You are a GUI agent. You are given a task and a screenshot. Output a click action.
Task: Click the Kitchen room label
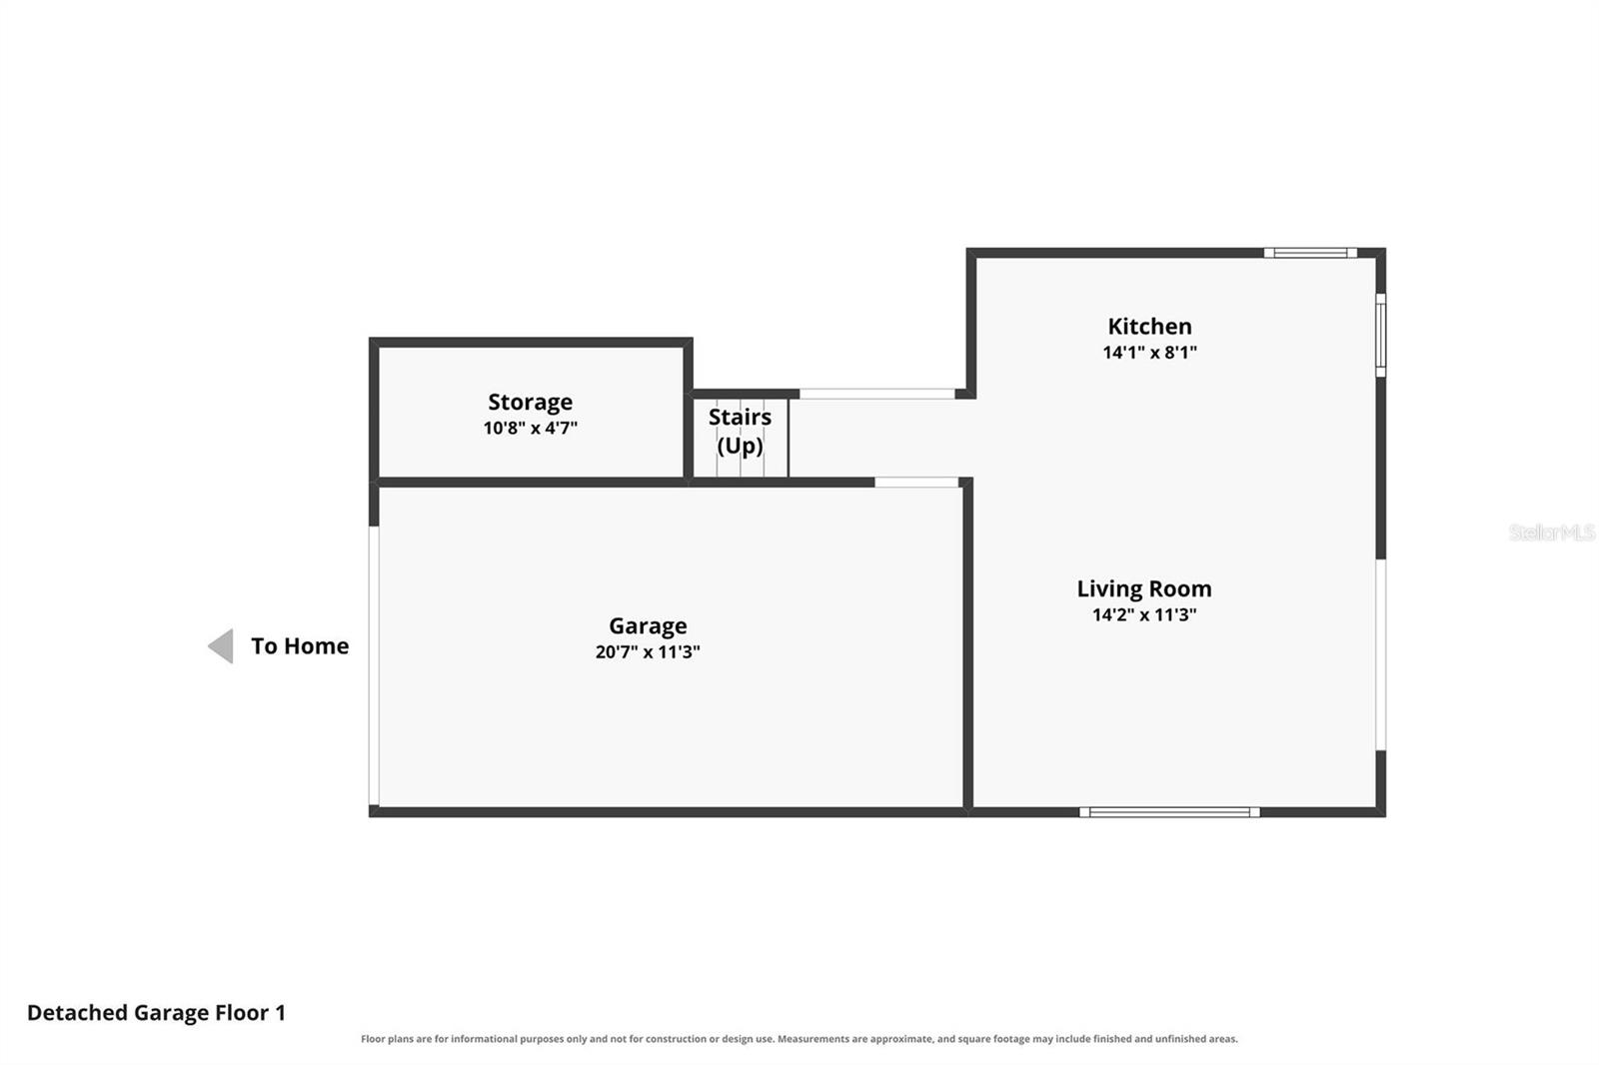[1149, 327]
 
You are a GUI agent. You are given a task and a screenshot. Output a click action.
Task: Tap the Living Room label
[1143, 588]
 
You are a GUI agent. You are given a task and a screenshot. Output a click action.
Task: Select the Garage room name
[648, 626]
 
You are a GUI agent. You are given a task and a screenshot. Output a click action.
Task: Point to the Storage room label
[530, 402]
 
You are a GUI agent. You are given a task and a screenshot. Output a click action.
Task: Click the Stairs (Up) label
[740, 432]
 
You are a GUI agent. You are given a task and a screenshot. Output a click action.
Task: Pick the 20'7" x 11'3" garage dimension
[648, 651]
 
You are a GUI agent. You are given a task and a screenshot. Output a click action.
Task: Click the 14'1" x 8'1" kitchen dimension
[1149, 352]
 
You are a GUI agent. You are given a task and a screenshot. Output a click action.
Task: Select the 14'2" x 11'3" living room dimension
[1143, 614]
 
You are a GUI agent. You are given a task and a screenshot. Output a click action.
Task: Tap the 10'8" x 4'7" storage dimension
[530, 428]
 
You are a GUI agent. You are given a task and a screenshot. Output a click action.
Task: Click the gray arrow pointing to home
[221, 646]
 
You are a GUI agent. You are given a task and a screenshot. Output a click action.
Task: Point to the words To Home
[300, 646]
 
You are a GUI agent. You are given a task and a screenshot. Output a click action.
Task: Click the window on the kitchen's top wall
[1310, 253]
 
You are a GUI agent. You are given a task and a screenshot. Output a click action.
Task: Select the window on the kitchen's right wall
[1380, 335]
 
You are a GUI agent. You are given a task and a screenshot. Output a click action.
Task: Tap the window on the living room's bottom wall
[1169, 812]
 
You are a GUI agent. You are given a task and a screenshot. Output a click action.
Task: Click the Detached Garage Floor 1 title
[156, 1013]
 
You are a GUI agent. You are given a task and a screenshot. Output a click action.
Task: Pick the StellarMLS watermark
[1552, 532]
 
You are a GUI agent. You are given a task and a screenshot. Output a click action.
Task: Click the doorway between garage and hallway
[916, 483]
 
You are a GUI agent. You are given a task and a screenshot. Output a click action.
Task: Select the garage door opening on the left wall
[374, 666]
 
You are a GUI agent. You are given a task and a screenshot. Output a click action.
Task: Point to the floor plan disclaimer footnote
[799, 1039]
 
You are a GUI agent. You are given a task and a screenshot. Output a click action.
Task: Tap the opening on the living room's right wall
[1380, 654]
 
